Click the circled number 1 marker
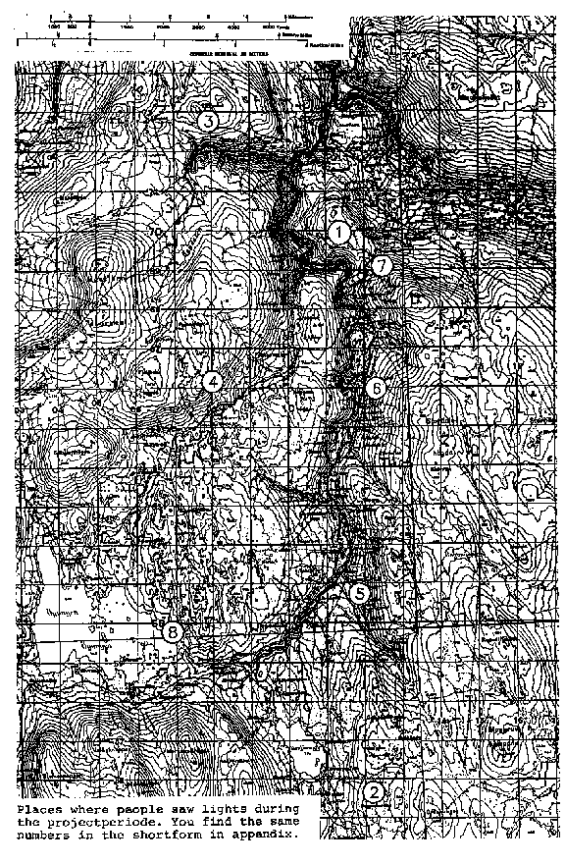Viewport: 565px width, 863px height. tap(338, 233)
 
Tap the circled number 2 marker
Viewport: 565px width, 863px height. tap(375, 792)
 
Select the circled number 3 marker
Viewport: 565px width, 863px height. tap(207, 121)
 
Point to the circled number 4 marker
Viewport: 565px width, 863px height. tap(211, 382)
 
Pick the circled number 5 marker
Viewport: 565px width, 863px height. tap(360, 593)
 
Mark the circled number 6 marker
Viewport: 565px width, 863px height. tap(377, 389)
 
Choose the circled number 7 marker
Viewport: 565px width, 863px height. tap(382, 266)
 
